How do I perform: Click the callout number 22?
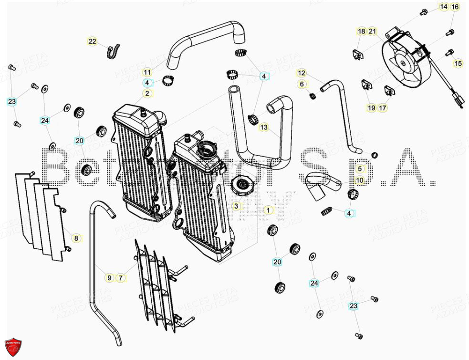pos(92,42)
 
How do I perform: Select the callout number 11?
pos(147,73)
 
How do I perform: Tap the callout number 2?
pos(147,93)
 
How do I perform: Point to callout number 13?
pos(264,127)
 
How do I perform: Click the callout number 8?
pos(75,237)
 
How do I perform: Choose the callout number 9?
pos(109,277)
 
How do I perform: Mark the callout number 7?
pos(121,277)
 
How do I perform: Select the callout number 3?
pos(235,206)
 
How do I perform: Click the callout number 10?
pos(360,180)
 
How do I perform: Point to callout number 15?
pos(458,64)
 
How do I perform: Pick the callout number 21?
pos(373,32)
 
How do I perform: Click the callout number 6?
pos(301,84)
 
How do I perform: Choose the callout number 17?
pos(383,108)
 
